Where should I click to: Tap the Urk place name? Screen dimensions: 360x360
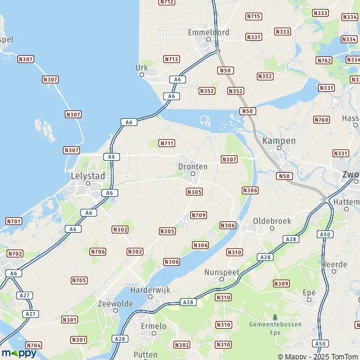[x=142, y=68]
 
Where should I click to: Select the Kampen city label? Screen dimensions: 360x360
[x=279, y=140]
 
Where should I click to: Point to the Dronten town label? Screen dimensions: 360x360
[x=193, y=166]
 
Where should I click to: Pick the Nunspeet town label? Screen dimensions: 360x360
[x=221, y=271]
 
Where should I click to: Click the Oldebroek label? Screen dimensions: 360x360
[x=272, y=221]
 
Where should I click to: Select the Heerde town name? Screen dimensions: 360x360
[x=335, y=264]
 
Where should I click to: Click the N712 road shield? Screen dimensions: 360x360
[x=167, y=2]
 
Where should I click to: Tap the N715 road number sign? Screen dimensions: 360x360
[x=254, y=16]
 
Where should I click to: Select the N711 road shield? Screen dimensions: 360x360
[x=167, y=143]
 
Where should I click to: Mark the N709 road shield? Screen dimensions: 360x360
[x=198, y=215]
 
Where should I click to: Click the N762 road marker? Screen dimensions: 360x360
[x=324, y=60]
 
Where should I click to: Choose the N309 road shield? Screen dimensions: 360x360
[x=281, y=283]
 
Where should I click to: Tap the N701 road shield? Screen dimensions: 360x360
[x=13, y=221]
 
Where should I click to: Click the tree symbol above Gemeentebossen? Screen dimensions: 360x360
[x=275, y=317]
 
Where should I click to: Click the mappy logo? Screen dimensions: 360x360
[x=19, y=353]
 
